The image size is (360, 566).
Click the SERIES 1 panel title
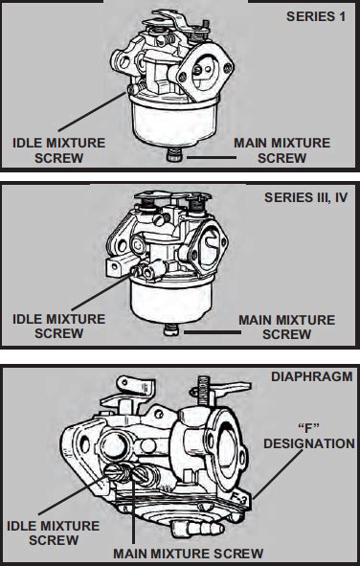pos(316,16)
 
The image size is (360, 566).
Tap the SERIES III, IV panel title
pos(305,197)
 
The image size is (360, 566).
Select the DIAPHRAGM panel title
pos(312,376)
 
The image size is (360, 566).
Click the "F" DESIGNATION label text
pos(309,436)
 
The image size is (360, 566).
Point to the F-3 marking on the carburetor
pos(239,499)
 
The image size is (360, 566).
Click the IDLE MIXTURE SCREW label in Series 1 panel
pos(58,150)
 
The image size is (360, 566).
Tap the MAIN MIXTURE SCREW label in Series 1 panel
pos(281,150)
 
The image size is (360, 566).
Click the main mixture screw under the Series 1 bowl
pos(174,155)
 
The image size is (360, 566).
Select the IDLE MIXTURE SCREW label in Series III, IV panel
pos(58,327)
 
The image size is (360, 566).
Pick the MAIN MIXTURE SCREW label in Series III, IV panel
pos(286,327)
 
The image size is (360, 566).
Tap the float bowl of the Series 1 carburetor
pos(174,121)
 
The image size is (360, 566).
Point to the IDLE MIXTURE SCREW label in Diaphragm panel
pos(53,532)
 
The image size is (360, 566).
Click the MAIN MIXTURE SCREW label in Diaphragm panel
pos(189,554)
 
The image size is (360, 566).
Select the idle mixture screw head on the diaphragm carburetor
pos(115,470)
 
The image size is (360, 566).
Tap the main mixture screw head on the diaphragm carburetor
pos(142,472)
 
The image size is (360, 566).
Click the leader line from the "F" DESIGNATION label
pos(278,475)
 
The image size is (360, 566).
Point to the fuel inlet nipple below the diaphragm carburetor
pos(196,528)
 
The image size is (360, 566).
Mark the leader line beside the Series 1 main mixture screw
pos(212,157)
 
